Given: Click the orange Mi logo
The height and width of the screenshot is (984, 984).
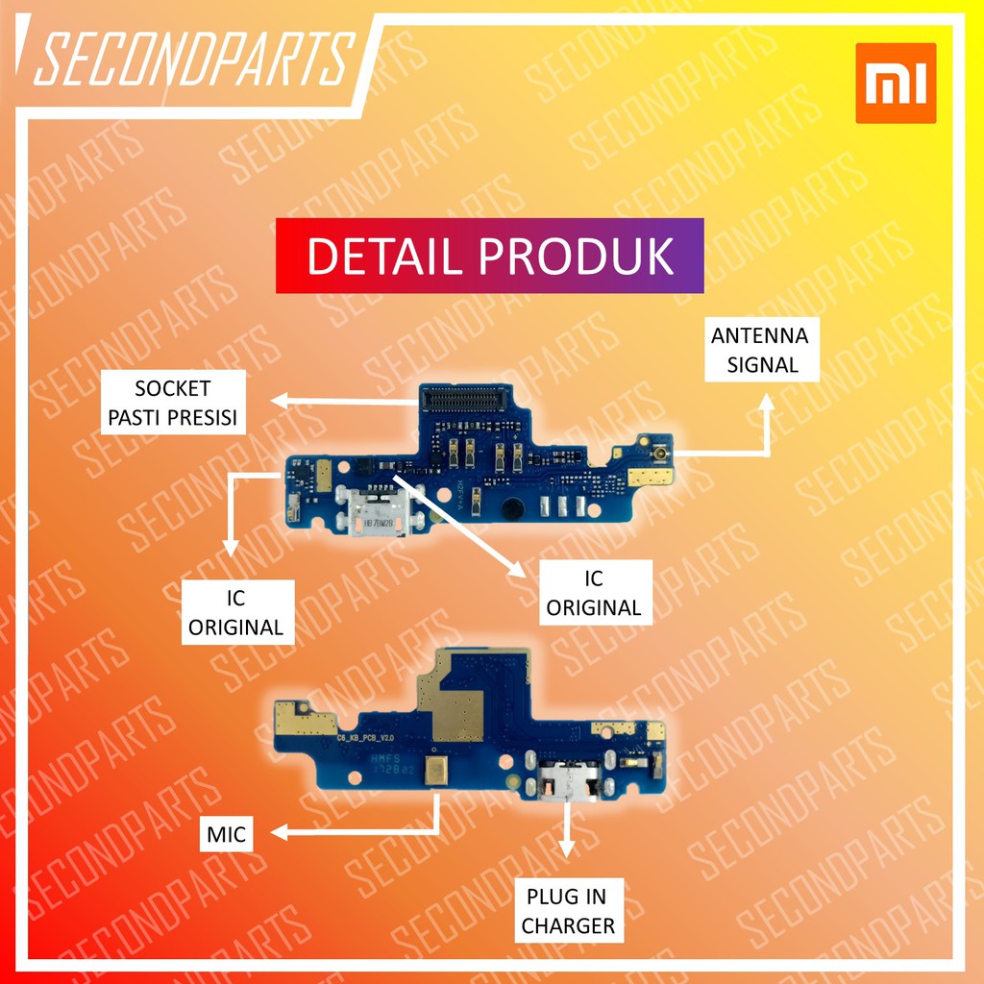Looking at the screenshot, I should (x=895, y=83).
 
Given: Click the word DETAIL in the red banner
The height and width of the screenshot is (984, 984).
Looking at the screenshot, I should (x=384, y=257).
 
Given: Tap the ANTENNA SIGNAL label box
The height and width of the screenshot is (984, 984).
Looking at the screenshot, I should (x=759, y=350).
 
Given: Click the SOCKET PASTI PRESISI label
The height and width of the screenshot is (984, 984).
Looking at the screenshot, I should (x=173, y=404).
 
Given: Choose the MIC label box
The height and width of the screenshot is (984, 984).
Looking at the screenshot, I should (x=227, y=835).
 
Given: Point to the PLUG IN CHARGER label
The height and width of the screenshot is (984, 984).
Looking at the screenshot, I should (x=568, y=911).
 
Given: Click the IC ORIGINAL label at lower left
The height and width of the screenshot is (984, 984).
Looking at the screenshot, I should (x=235, y=613).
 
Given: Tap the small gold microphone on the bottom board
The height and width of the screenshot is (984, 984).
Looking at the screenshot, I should (x=438, y=767).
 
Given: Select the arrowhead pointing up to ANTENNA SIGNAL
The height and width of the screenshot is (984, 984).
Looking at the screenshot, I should (x=768, y=406).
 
